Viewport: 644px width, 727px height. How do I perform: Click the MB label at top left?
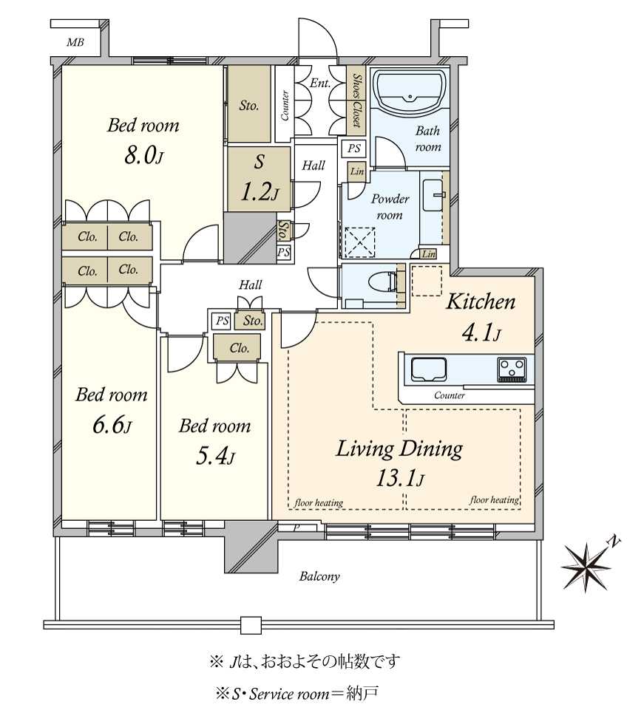(x=75, y=43)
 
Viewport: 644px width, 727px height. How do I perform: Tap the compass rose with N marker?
(x=587, y=566)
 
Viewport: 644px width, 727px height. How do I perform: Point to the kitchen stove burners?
(x=512, y=369)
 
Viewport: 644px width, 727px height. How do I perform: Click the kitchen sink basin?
(x=428, y=369)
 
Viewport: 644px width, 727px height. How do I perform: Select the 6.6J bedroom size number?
(x=112, y=425)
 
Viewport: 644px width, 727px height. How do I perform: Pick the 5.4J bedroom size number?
(x=215, y=457)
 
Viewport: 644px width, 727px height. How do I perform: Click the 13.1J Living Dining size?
(x=399, y=479)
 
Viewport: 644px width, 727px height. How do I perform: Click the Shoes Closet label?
(x=356, y=100)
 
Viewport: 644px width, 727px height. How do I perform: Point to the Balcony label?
(x=319, y=577)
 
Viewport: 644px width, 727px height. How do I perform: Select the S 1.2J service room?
(x=259, y=179)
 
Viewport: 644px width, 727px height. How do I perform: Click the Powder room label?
(x=390, y=207)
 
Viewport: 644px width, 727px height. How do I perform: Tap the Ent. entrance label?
(x=320, y=83)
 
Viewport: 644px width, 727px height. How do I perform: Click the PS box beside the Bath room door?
(x=354, y=149)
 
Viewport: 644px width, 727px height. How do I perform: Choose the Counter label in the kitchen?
(x=449, y=395)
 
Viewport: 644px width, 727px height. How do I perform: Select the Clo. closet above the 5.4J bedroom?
(x=239, y=348)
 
